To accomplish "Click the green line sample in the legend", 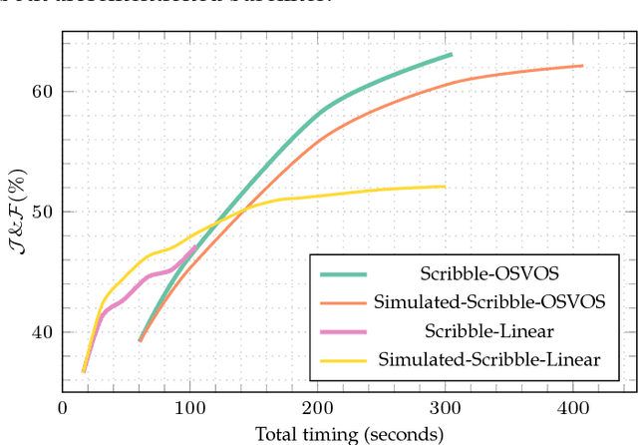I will (342, 272).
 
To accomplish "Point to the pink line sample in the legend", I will (342, 329).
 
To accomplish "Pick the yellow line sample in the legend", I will (342, 358).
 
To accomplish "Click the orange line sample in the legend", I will (342, 300).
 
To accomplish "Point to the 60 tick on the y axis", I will (41, 91).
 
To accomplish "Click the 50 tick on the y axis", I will (41, 212).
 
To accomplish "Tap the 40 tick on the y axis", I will (41, 332).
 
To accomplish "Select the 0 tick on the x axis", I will (63, 409).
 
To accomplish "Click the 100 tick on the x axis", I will (189, 409).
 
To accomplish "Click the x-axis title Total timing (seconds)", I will (349, 434).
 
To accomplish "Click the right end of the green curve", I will (452, 54).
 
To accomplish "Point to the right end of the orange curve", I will (582, 66).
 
